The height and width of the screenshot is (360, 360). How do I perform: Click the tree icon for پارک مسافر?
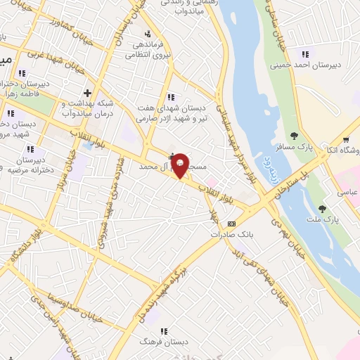(x=294, y=136)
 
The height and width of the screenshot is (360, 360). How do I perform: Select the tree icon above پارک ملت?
(x=322, y=208)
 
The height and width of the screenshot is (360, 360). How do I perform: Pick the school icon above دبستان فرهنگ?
(x=163, y=330)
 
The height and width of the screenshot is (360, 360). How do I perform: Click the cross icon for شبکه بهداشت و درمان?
(x=87, y=92)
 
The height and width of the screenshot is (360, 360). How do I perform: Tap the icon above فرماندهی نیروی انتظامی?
(x=147, y=34)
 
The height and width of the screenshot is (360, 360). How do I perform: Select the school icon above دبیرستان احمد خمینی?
(x=305, y=54)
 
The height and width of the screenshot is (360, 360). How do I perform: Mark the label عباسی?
(x=348, y=192)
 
